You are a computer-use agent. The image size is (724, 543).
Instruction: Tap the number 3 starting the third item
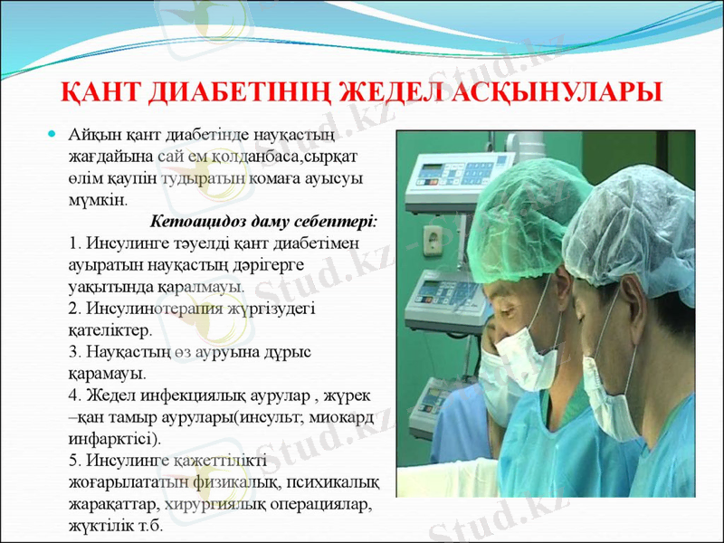point(72,352)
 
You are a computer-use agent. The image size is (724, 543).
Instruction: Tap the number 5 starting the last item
point(72,461)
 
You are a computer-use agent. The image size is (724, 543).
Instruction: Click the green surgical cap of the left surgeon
point(530,209)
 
